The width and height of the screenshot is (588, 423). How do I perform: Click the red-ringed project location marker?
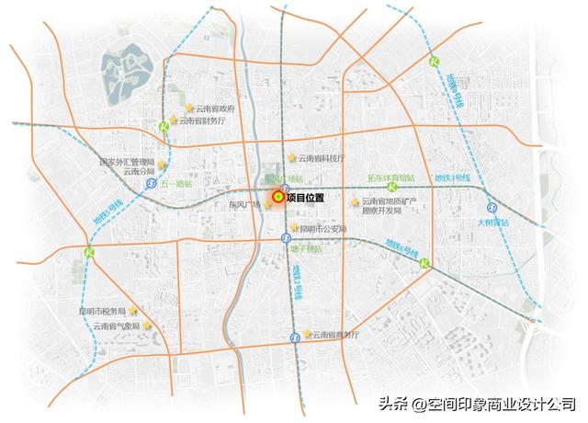[x=277, y=196]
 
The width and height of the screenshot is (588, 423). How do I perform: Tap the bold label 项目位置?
[x=306, y=197]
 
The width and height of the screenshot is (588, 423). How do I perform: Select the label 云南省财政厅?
[x=201, y=120]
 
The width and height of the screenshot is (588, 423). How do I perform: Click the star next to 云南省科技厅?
[x=292, y=158]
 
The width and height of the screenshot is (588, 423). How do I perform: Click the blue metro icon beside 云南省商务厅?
[x=293, y=337]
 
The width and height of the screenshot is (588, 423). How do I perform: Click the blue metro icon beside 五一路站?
[x=150, y=183]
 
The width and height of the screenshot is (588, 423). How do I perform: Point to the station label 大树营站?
[x=492, y=223]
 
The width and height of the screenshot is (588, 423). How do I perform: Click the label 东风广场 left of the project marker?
[x=244, y=206]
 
